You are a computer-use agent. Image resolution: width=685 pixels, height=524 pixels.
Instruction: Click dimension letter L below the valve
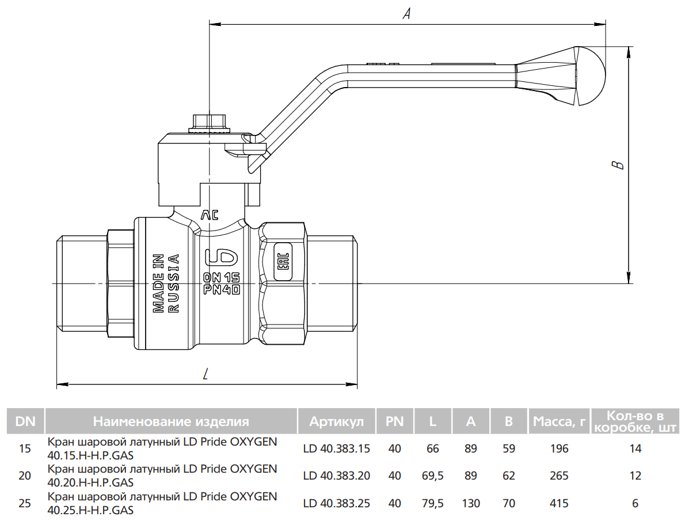206,375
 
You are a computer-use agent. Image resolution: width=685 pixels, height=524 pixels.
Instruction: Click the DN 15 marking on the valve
222,277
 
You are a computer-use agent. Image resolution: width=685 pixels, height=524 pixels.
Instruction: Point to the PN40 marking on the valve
222,290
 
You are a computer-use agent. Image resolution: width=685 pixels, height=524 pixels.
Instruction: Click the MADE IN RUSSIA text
166,283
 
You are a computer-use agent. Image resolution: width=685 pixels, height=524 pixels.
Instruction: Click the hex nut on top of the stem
208,122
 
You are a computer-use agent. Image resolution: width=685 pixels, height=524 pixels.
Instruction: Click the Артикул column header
337,421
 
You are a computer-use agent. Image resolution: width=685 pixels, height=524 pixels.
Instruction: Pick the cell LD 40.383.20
337,476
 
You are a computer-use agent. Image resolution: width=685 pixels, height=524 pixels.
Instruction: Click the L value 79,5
433,503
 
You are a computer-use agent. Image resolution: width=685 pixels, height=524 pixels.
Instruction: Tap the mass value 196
559,448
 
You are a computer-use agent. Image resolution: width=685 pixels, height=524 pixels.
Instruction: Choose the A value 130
471,503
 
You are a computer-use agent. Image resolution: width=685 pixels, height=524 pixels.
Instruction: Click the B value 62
509,476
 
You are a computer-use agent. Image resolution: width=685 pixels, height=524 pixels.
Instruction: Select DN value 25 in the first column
25,503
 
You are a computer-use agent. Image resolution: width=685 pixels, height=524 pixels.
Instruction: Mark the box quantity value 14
635,448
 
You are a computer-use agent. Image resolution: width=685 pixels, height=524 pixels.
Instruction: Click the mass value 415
559,503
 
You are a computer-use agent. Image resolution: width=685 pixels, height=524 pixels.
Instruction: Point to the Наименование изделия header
171,421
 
